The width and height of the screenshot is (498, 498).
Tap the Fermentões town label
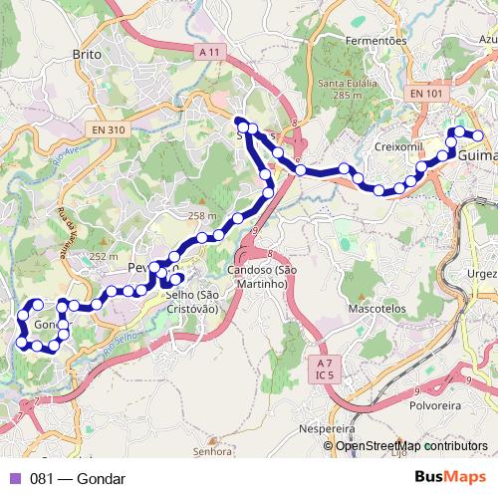point(375,41)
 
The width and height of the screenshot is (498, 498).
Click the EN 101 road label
point(427,92)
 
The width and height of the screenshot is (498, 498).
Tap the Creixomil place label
point(398,146)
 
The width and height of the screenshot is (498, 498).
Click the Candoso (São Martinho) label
point(262,277)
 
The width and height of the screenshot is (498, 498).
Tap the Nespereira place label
point(327,428)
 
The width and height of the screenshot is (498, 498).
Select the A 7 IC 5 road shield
point(322,368)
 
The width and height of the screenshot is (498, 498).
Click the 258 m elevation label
point(202,216)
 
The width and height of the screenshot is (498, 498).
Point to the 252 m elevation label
point(104,256)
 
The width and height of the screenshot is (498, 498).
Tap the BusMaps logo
point(449,478)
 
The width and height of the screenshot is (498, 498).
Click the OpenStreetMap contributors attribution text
point(411,445)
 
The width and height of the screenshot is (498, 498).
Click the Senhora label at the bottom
point(213,451)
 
